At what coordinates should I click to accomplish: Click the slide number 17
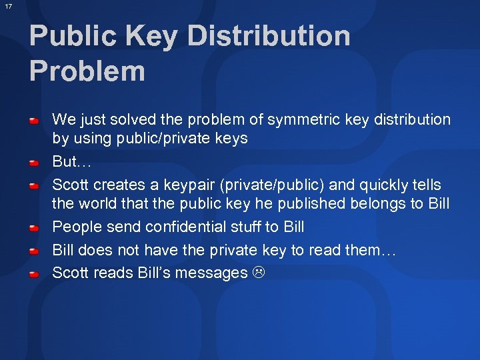[x=8, y=6]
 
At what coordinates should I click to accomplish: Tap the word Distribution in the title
[x=269, y=37]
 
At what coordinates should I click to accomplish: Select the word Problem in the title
[x=87, y=71]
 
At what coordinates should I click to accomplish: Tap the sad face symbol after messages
[x=258, y=273]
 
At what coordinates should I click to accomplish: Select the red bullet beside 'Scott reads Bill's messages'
[x=36, y=274]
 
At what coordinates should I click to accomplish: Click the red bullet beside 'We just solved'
[x=36, y=121]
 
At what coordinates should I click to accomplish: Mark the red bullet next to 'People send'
[x=36, y=228]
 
